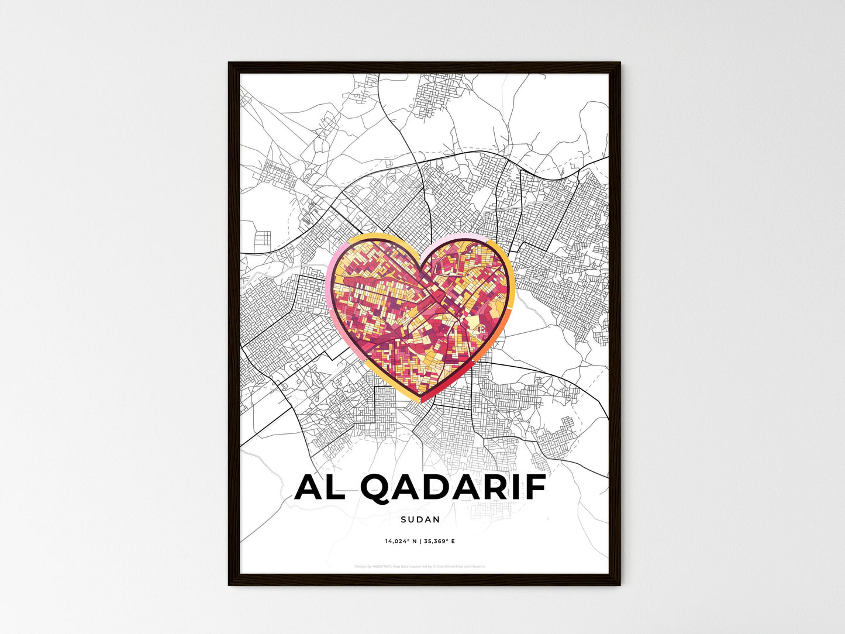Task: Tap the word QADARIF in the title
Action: click(453, 488)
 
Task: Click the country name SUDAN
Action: click(420, 519)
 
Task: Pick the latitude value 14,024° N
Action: click(401, 541)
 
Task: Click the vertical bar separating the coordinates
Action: click(420, 541)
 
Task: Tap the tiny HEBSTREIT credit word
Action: click(382, 566)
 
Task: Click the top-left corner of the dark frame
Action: click(229, 63)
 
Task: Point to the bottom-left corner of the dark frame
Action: click(229, 584)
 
